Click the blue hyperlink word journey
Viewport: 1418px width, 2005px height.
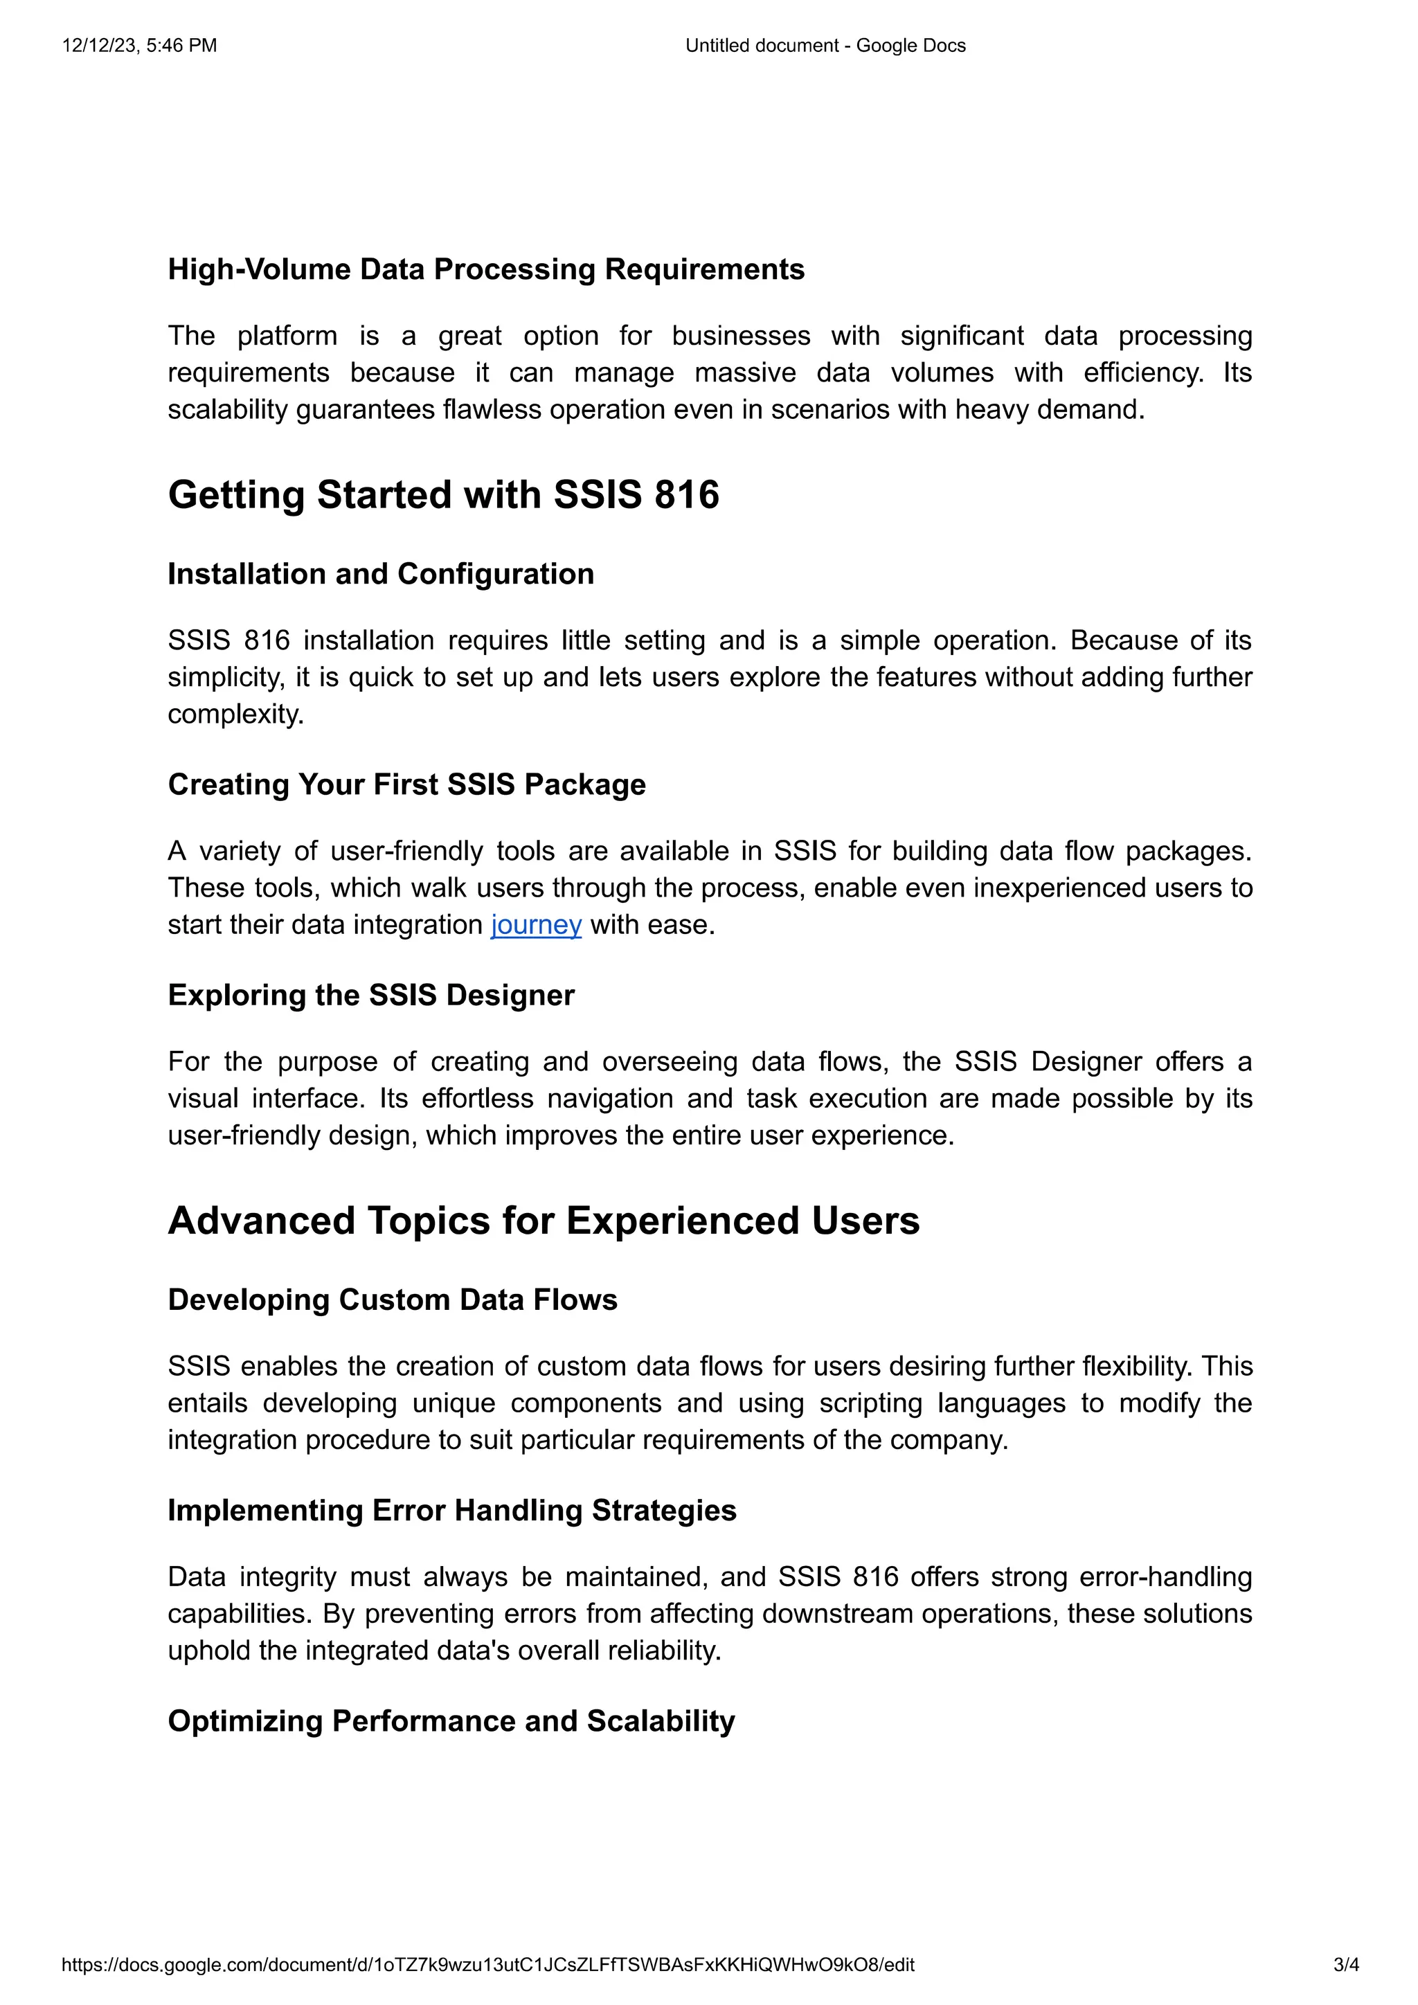click(535, 925)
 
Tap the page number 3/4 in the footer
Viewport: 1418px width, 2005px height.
click(1345, 1965)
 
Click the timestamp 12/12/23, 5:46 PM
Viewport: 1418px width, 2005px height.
click(140, 46)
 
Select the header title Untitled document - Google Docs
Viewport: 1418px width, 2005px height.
click(825, 46)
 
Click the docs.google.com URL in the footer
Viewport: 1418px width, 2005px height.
click(487, 1965)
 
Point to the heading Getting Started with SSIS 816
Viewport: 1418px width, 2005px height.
click(444, 494)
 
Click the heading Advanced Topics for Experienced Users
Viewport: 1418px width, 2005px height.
click(543, 1220)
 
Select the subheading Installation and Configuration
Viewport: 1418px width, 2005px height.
click(381, 574)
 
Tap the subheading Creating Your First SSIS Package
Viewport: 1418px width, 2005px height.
click(407, 784)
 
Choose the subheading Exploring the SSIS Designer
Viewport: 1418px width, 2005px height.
click(371, 995)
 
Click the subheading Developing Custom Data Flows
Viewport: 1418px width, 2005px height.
click(392, 1300)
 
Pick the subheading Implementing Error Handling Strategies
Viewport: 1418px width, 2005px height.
click(451, 1510)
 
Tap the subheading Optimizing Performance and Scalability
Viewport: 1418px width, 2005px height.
click(451, 1720)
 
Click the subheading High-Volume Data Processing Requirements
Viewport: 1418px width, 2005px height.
click(485, 269)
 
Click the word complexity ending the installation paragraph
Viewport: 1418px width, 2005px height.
click(235, 714)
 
